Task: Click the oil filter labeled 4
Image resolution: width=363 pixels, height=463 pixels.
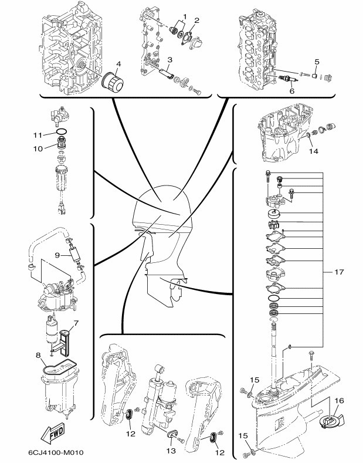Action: coord(112,82)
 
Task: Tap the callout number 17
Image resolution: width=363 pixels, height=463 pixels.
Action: coord(339,272)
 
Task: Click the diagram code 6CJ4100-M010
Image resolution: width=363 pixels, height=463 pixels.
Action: coord(56,452)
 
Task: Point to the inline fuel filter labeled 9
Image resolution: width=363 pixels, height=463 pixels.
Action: coord(75,255)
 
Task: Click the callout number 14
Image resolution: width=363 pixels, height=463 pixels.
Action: coord(314,151)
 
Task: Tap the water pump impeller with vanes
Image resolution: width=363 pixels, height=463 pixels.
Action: coord(274,225)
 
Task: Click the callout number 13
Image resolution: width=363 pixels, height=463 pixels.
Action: coord(171,451)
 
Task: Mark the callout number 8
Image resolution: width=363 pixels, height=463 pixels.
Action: coord(38,356)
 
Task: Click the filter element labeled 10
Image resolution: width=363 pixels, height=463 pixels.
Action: coord(62,143)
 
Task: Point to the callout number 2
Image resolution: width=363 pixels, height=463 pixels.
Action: coord(197,21)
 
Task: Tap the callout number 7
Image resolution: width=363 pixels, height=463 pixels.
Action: coord(76,323)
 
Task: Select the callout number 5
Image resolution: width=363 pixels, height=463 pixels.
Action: coord(317,62)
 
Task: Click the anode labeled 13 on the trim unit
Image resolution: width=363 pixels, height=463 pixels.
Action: coord(172,434)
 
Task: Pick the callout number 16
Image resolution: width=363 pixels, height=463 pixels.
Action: coord(340,400)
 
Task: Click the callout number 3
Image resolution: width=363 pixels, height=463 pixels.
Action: coord(169,60)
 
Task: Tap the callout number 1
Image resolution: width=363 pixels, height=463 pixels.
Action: coord(185,16)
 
